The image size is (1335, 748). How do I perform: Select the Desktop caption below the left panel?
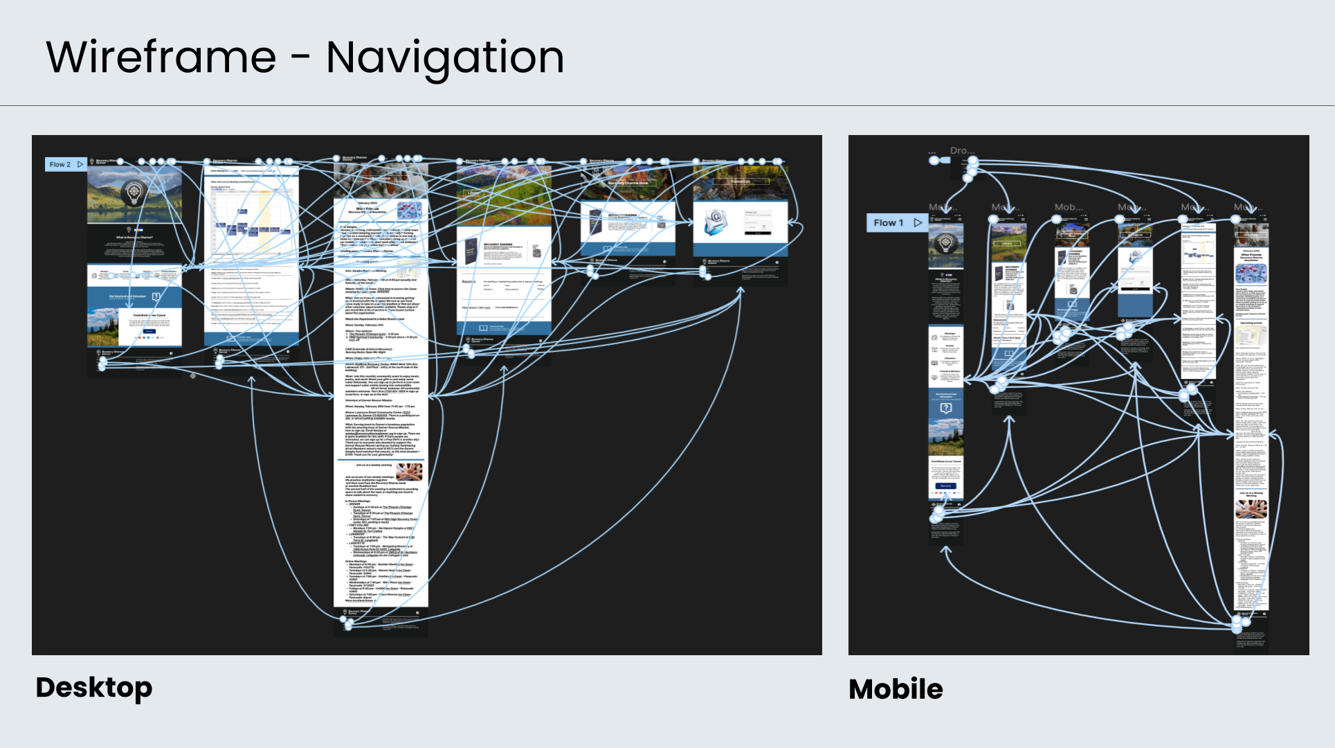tap(93, 687)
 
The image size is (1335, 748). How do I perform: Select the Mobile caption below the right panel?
tap(896, 689)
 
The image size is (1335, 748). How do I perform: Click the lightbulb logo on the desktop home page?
tap(134, 193)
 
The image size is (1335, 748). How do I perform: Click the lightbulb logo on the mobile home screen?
tap(945, 243)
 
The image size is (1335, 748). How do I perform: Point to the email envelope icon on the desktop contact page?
tap(716, 222)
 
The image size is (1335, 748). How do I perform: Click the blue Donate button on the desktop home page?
tap(149, 332)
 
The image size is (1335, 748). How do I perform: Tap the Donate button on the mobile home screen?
tap(945, 486)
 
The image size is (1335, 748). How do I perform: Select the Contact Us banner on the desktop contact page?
tap(741, 181)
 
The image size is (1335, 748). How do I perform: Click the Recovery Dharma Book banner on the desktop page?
tap(628, 184)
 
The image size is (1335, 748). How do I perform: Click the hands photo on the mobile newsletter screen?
tap(1251, 509)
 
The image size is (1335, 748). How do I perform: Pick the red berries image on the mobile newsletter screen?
tap(1251, 272)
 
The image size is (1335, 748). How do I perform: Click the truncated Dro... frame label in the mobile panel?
tap(962, 150)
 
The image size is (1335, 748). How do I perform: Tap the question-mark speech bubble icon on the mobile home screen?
tap(945, 409)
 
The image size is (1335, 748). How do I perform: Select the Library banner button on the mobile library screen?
tap(1007, 243)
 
